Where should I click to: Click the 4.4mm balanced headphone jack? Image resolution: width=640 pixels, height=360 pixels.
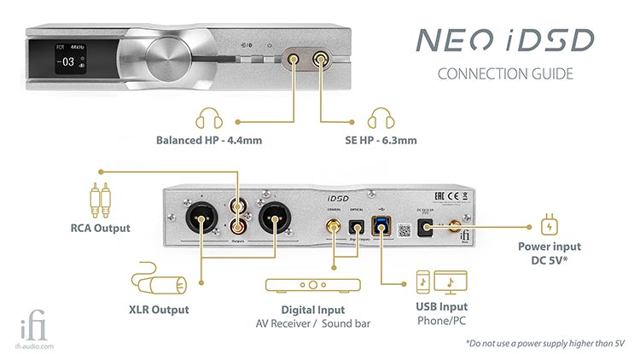294,60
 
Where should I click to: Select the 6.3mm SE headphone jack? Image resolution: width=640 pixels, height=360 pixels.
323,60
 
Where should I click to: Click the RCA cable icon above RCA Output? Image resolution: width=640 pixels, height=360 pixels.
100,200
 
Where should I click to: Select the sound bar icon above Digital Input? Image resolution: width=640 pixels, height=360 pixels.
314,284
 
